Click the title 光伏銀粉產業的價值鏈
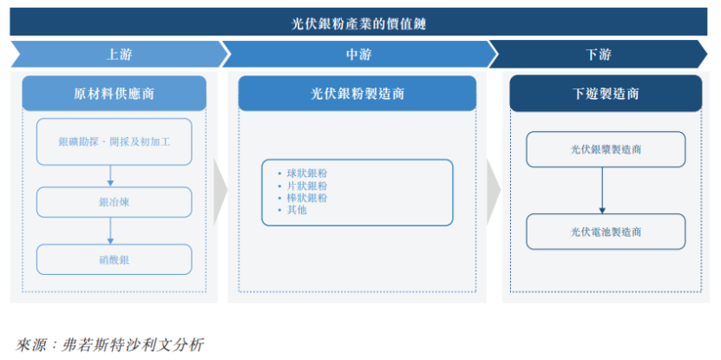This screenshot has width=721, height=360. tap(358, 23)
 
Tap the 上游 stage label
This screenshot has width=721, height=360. tap(119, 55)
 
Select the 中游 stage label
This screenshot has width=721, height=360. tap(358, 55)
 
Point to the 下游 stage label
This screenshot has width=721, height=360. tap(598, 55)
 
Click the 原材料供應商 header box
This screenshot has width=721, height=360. tap(114, 94)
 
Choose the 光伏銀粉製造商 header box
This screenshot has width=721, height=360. tap(357, 94)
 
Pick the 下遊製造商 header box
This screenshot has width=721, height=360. tap(606, 94)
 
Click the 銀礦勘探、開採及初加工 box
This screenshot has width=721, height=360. tap(114, 141)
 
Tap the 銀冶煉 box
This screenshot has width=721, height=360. tap(114, 202)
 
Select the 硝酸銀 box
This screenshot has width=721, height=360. tap(114, 259)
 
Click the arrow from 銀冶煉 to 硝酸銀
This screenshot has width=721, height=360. tap(110, 231)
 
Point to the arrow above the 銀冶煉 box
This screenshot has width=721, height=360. tap(110, 176)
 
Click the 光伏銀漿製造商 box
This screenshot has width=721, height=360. tap(606, 149)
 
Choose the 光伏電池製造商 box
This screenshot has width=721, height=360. tap(606, 232)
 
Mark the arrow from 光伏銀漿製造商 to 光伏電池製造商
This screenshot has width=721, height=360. tap(602, 191)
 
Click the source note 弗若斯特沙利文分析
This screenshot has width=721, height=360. tap(132, 345)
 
